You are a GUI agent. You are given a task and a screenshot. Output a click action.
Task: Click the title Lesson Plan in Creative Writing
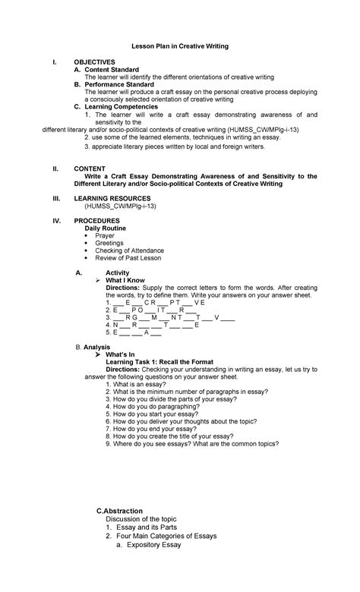click(180, 46)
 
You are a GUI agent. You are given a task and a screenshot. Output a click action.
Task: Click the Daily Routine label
click(106, 228)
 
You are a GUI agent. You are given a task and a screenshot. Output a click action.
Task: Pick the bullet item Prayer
click(105, 235)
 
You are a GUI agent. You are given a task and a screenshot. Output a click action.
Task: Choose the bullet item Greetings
click(109, 243)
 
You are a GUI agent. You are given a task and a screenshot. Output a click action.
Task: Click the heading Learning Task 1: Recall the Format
click(159, 362)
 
